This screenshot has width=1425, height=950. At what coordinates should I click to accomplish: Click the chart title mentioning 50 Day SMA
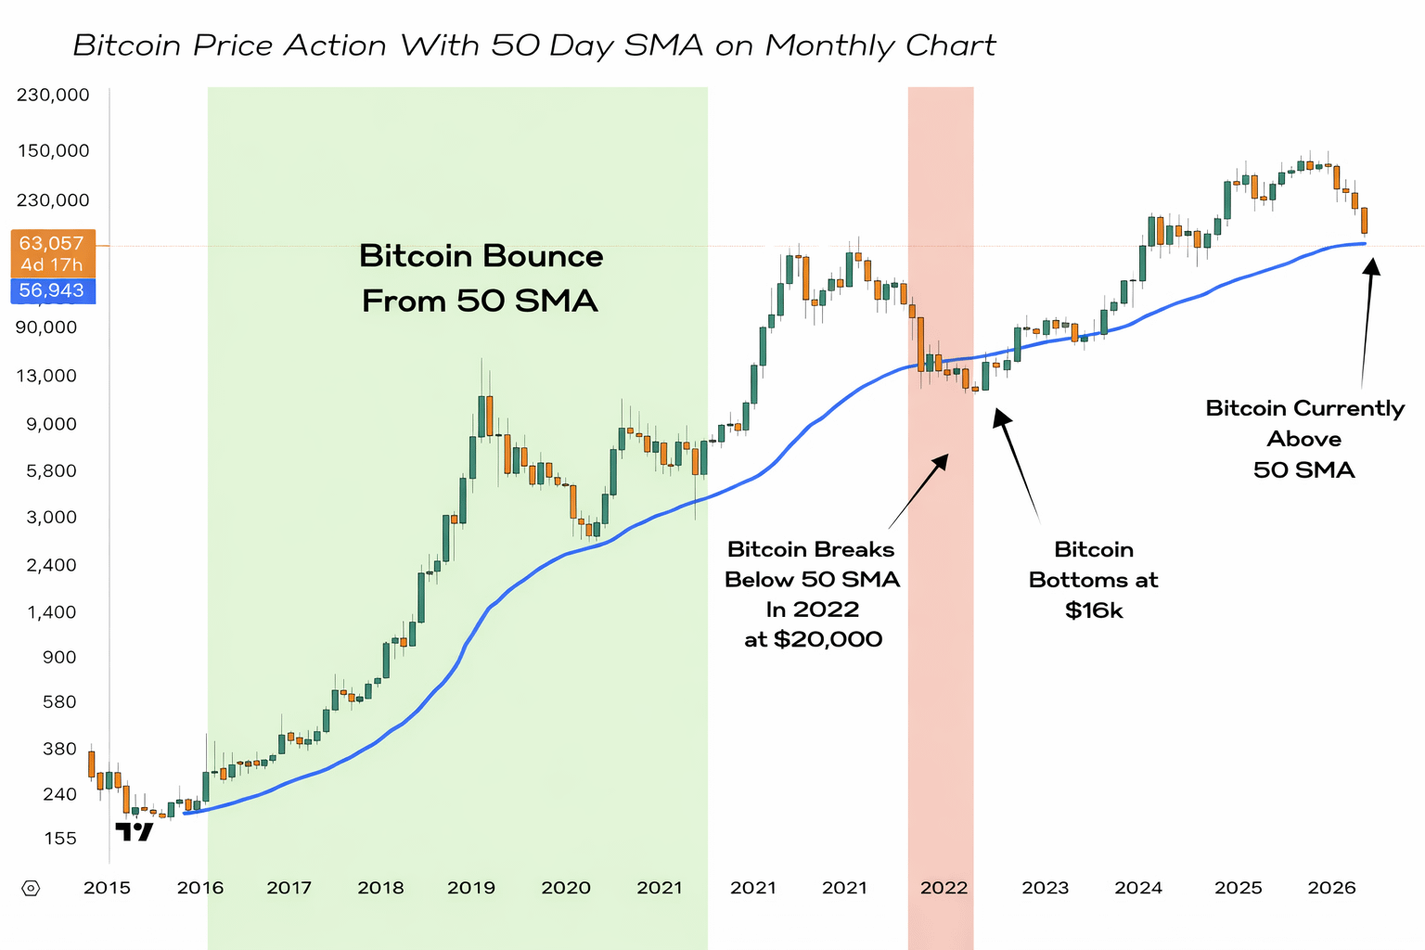coord(534,45)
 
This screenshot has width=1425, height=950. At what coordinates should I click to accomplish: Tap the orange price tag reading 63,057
coord(52,243)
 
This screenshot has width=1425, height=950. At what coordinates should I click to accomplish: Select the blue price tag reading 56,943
coord(52,290)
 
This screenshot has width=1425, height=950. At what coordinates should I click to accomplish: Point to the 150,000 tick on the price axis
coord(54,151)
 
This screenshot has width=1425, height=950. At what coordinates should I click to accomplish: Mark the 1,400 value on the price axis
coord(52,612)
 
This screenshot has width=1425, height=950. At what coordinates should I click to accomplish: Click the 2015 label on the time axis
coord(108,888)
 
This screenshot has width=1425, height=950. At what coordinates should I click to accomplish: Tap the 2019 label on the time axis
coord(471,888)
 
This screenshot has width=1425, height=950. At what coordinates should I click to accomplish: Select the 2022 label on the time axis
coord(944,888)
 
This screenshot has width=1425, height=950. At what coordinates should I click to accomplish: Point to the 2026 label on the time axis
coord(1332,888)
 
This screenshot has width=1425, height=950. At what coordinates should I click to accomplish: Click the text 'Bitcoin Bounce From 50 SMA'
coord(481,278)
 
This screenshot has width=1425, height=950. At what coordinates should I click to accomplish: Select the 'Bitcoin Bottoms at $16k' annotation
coord(1094,580)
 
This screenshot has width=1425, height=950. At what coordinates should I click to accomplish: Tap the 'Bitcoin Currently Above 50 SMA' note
coord(1304,439)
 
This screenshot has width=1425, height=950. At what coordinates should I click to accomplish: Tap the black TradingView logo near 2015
coord(135,831)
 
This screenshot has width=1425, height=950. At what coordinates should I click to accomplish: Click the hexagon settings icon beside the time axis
coord(31,889)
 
